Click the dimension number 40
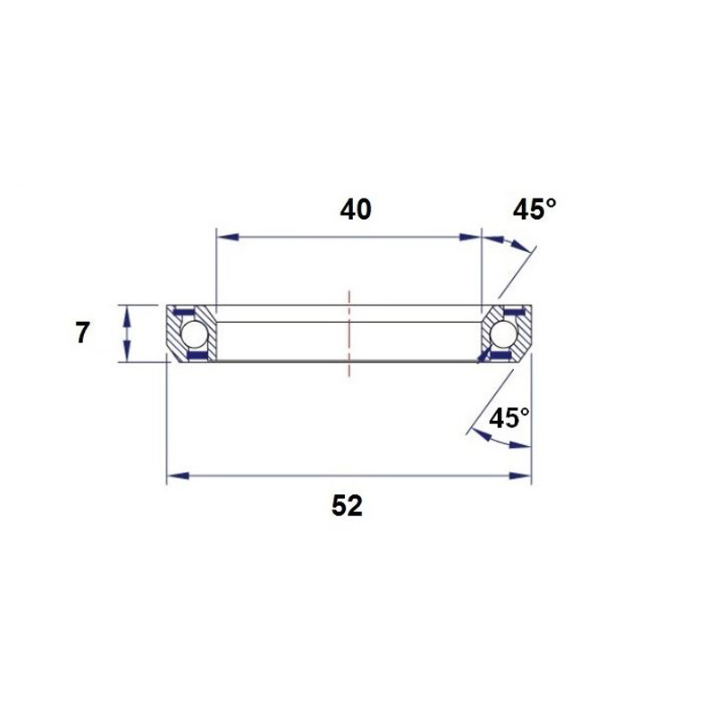point(356,210)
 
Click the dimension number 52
point(347,506)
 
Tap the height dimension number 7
point(82,332)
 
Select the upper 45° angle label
point(534,210)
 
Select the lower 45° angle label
point(509,417)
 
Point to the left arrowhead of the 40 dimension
point(228,237)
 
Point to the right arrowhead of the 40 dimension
point(470,237)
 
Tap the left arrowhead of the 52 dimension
point(178,476)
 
